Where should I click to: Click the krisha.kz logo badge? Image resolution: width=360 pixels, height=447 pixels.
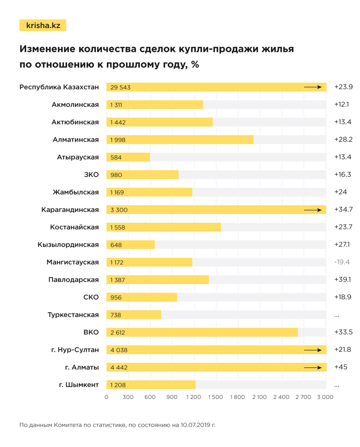42,25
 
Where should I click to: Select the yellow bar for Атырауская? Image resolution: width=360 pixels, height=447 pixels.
128,157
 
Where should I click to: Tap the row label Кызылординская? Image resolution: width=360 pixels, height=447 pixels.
68,245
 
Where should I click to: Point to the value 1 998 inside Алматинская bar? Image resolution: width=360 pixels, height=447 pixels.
118,140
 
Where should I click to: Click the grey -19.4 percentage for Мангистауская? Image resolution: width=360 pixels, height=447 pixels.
342,262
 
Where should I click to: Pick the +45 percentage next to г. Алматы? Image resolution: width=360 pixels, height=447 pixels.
341,367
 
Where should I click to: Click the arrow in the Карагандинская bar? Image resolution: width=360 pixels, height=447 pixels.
313,209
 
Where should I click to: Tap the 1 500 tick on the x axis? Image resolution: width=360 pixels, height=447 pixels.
215,397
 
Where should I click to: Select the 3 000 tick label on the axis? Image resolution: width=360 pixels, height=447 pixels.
325,397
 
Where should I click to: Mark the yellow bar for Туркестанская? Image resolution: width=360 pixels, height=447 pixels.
134,315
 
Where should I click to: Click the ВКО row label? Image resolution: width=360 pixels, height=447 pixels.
91,332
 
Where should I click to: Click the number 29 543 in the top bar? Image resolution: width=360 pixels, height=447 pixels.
121,88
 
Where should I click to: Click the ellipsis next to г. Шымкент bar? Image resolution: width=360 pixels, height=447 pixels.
337,385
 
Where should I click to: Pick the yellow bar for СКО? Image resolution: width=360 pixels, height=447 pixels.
142,297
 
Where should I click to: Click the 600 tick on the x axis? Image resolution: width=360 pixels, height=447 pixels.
150,397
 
